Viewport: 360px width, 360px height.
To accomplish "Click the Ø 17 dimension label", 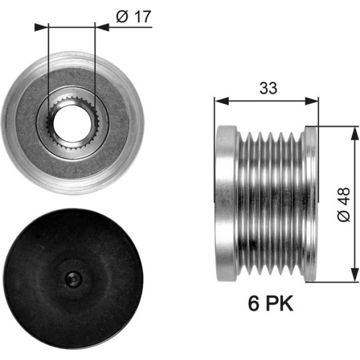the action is coord(133,16).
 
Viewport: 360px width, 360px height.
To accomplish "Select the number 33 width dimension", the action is coord(268,88).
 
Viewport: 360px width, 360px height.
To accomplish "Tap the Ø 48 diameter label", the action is coord(344,205).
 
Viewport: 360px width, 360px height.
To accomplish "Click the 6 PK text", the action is coord(271,303).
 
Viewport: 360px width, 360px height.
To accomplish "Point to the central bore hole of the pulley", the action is coord(72,123).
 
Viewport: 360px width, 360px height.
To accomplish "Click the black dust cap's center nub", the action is coord(73,279).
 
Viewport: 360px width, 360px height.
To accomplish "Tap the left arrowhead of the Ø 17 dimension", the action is coord(42,27).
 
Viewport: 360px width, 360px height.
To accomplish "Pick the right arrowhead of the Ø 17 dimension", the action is coord(102,27).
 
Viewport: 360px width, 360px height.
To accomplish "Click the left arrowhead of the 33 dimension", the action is coord(222,101).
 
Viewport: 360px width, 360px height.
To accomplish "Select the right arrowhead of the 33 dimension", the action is coord(312,101).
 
